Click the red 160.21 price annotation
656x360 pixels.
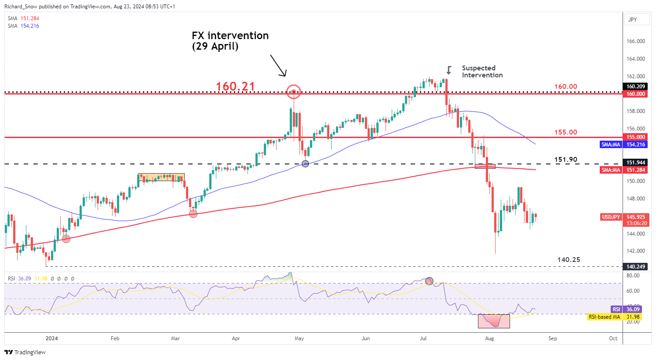pyautogui.click(x=235, y=87)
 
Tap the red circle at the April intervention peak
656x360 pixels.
pyautogui.click(x=294, y=92)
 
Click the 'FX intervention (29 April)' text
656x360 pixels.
pyautogui.click(x=230, y=41)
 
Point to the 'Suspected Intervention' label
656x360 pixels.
pyautogui.click(x=482, y=72)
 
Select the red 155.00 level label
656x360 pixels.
pyautogui.click(x=565, y=132)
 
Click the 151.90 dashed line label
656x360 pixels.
pyautogui.click(x=566, y=160)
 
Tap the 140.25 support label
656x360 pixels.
pyautogui.click(x=569, y=260)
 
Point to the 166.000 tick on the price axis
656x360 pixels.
pyautogui.click(x=636, y=41)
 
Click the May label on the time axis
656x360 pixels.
pyautogui.click(x=299, y=338)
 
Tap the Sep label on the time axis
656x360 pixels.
pyautogui.click(x=553, y=338)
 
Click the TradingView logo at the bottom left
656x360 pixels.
pyautogui.click(x=25, y=352)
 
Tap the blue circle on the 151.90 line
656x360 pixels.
pyautogui.click(x=305, y=164)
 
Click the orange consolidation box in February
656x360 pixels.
pyautogui.click(x=161, y=178)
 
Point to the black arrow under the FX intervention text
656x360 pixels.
pyautogui.click(x=278, y=65)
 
